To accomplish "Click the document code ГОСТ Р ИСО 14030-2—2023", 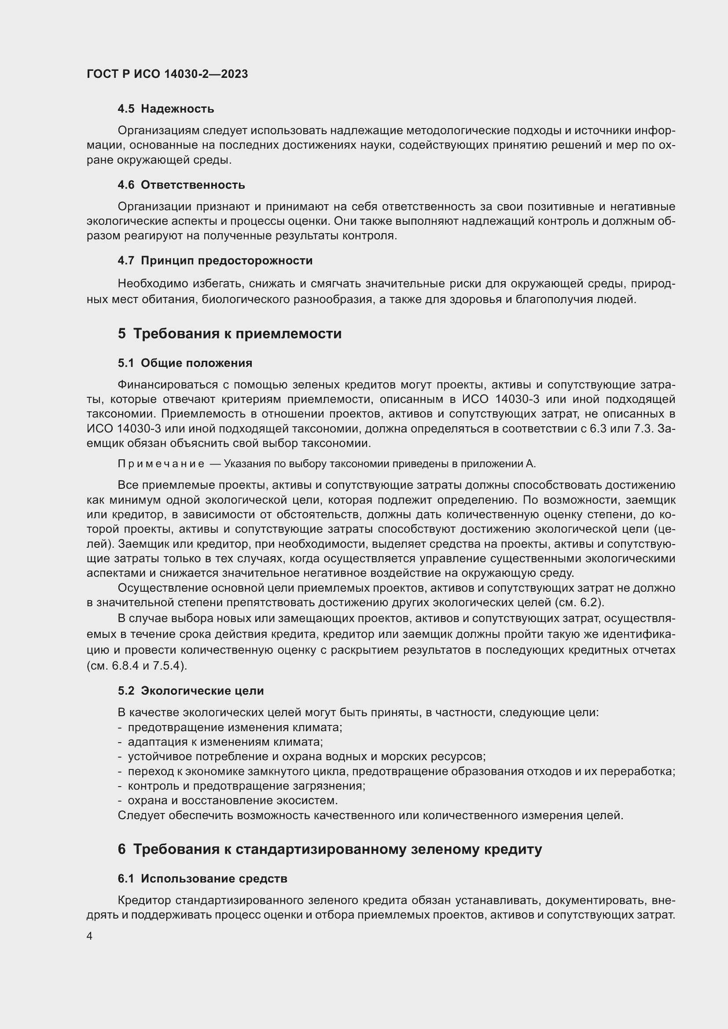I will [x=167, y=74].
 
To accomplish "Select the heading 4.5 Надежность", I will [x=166, y=109].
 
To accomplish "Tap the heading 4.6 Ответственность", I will [x=181, y=185].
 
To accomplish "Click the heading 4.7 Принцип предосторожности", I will [x=215, y=260].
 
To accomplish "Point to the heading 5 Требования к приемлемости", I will [x=229, y=333].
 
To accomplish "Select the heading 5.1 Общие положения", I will [x=185, y=363].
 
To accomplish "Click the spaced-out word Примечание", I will [x=161, y=464].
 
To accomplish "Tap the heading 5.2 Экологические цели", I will [x=191, y=691].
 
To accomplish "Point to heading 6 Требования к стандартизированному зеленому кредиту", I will [x=330, y=849].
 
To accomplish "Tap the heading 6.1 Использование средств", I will [x=202, y=879].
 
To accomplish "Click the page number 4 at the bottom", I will [x=90, y=936].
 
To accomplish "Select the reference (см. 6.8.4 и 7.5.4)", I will [x=137, y=666].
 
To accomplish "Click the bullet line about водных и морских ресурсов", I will [x=307, y=757].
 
